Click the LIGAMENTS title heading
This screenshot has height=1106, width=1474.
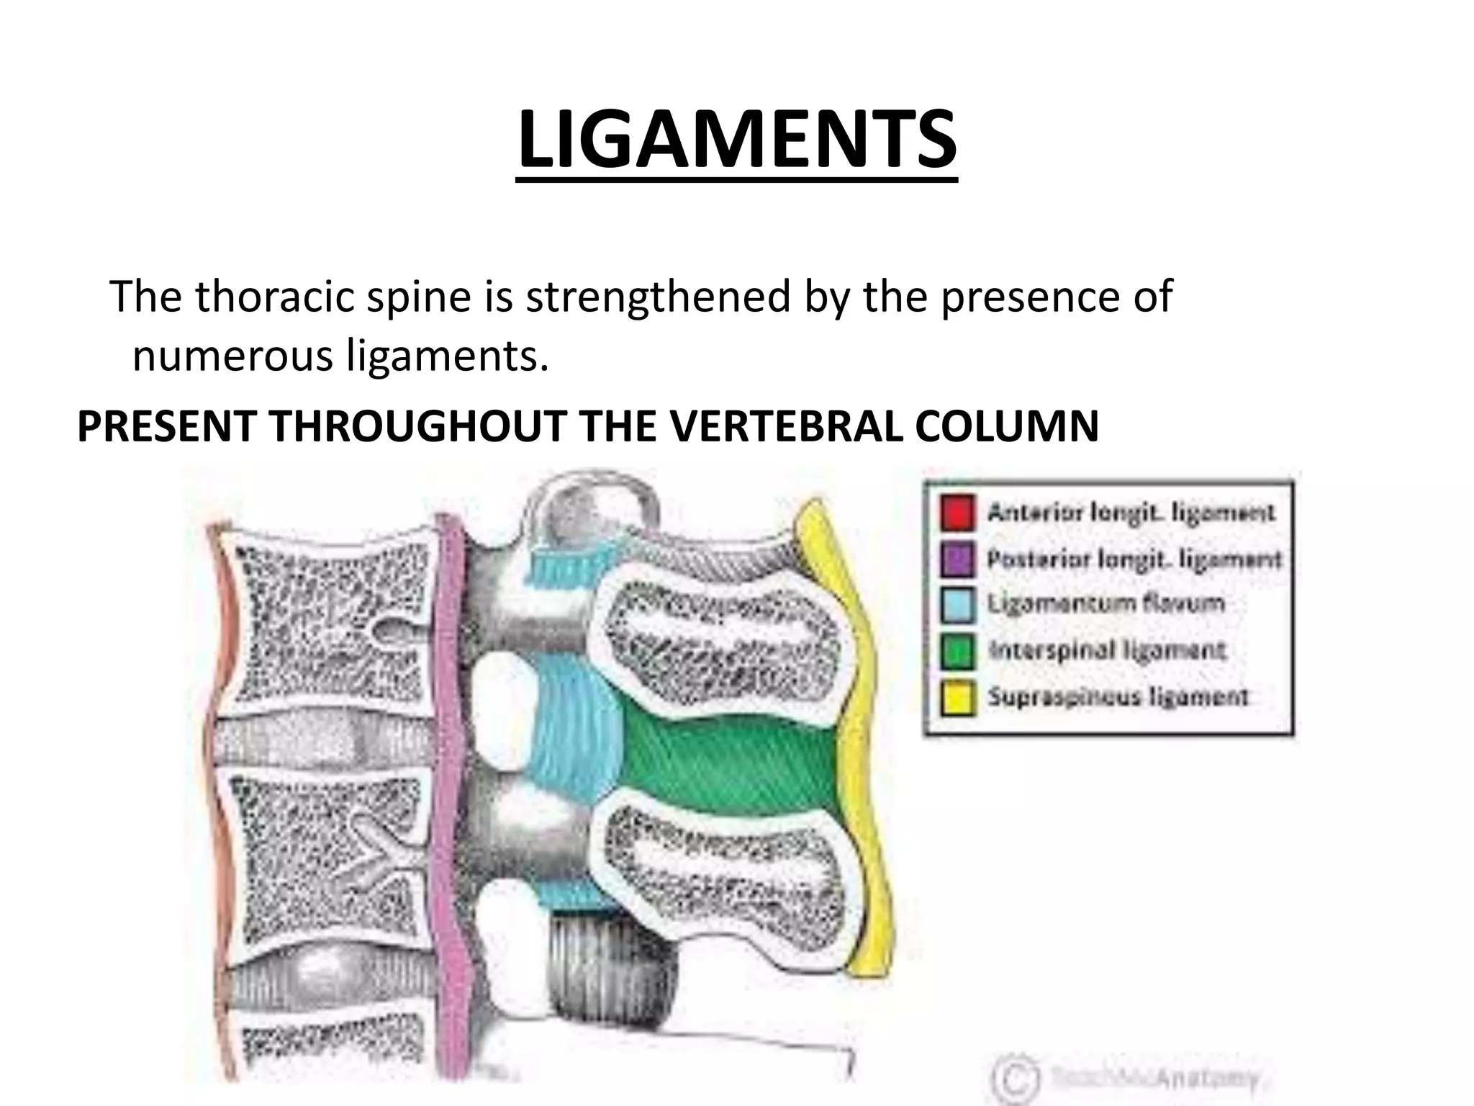pyautogui.click(x=737, y=140)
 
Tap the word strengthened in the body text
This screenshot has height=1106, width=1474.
pyautogui.click(x=656, y=296)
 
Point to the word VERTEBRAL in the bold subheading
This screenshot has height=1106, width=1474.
pyautogui.click(x=785, y=426)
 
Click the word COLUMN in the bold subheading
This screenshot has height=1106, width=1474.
pyautogui.click(x=1007, y=426)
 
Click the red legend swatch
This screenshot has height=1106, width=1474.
pyautogui.click(x=958, y=513)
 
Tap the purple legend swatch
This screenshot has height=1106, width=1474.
pyautogui.click(x=958, y=559)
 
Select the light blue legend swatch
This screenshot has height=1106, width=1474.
pyautogui.click(x=958, y=604)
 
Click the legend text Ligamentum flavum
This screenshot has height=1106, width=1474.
pyautogui.click(x=1105, y=603)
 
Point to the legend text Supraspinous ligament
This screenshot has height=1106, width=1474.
pyautogui.click(x=1118, y=696)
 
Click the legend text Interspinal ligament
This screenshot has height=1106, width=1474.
pyautogui.click(x=1106, y=650)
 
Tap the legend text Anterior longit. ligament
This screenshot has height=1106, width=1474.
pyautogui.click(x=1131, y=513)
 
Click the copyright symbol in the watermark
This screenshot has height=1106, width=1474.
pyautogui.click(x=1016, y=1077)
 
